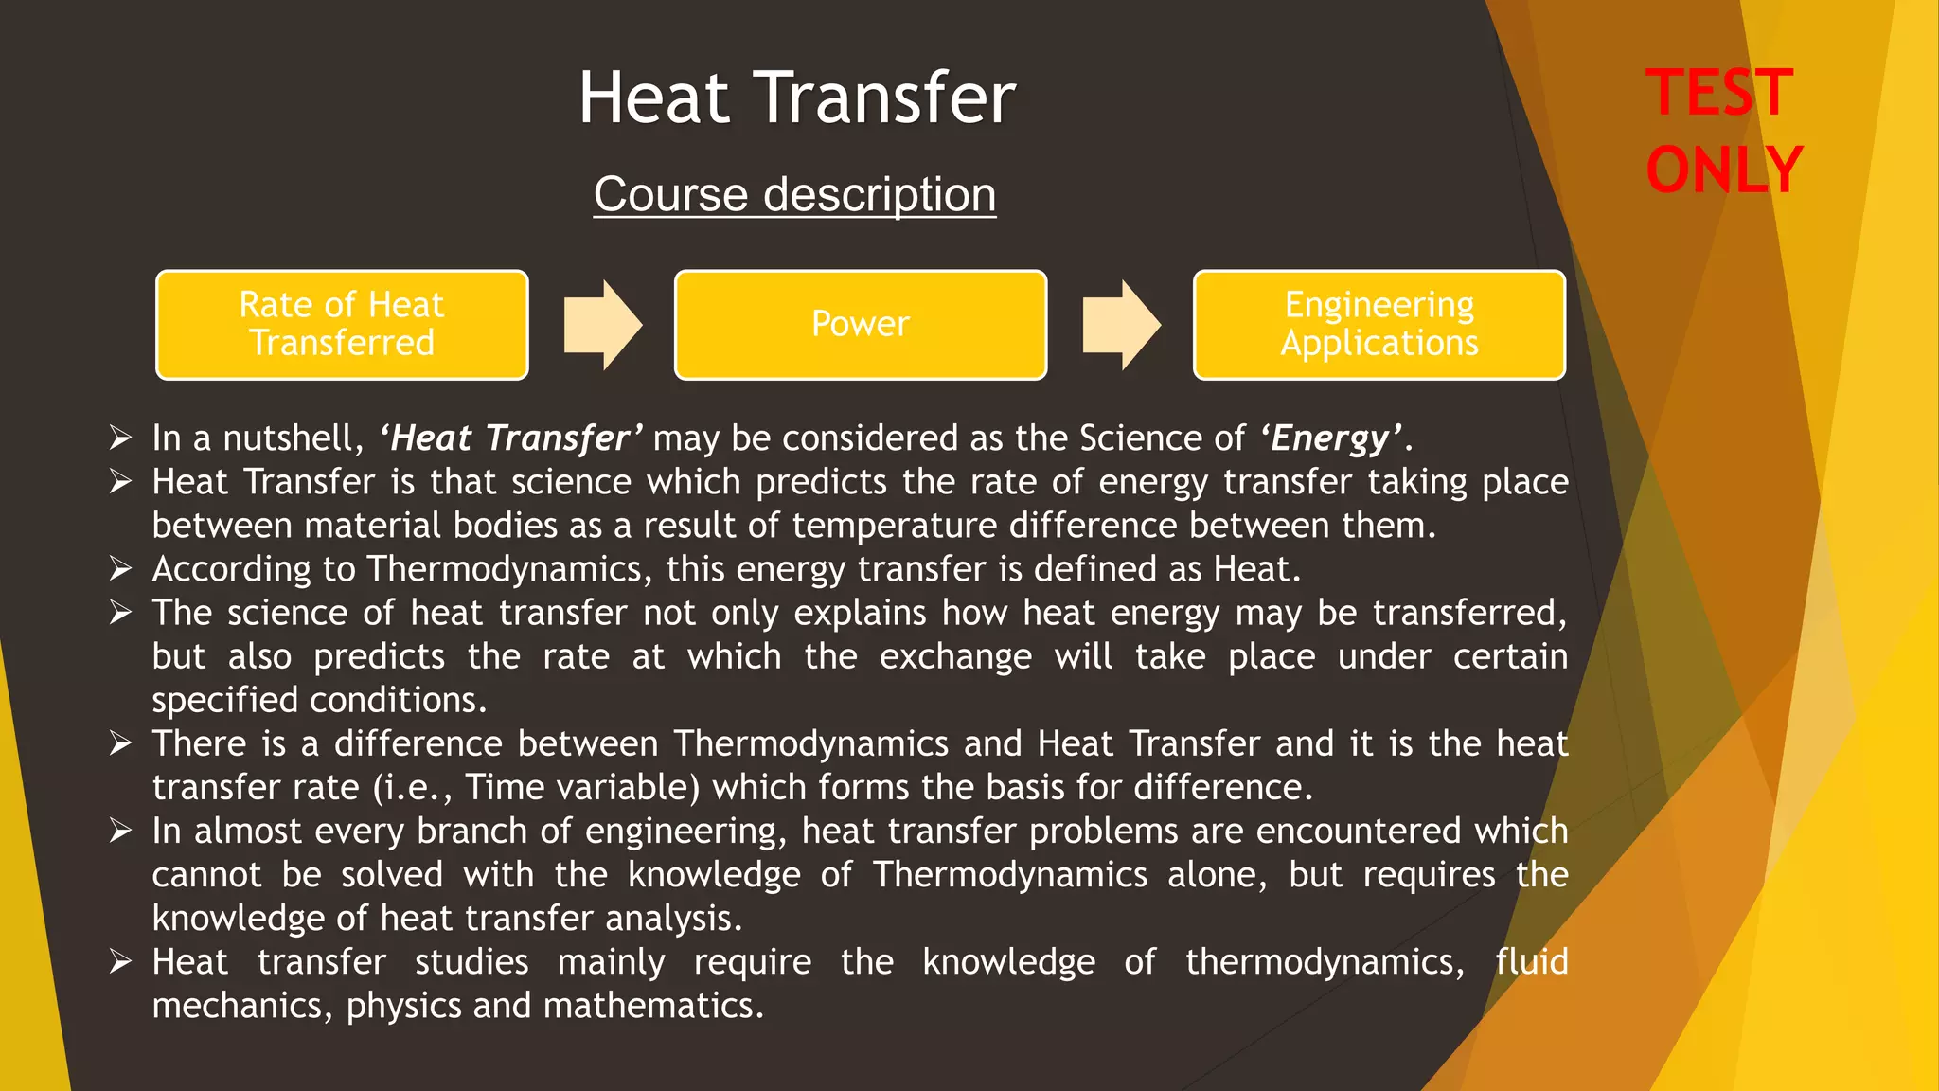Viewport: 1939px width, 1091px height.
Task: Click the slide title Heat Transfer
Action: pyautogui.click(x=796, y=98)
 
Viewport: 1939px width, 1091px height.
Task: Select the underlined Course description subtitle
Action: pyautogui.click(x=794, y=195)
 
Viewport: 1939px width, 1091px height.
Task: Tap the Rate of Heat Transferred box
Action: pyautogui.click(x=342, y=325)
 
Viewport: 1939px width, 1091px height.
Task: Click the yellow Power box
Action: pyautogui.click(x=860, y=325)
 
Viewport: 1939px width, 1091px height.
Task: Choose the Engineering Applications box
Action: pyautogui.click(x=1379, y=325)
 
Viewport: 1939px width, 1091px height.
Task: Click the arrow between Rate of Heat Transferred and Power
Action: pyautogui.click(x=602, y=325)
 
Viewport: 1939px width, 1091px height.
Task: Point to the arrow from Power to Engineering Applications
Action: pyautogui.click(x=1121, y=325)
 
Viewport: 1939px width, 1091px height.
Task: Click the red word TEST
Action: pyautogui.click(x=1719, y=93)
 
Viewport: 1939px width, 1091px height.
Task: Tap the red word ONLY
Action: pyautogui.click(x=1723, y=170)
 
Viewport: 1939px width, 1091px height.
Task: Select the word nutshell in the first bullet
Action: pyautogui.click(x=293, y=438)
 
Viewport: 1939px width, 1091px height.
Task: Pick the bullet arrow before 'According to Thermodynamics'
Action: pyautogui.click(x=120, y=568)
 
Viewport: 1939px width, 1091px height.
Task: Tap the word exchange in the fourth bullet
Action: pyautogui.click(x=955, y=656)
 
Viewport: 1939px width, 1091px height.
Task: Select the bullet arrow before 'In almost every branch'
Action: pyautogui.click(x=120, y=831)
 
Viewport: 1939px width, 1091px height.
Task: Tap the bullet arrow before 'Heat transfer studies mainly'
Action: pyautogui.click(x=120, y=961)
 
